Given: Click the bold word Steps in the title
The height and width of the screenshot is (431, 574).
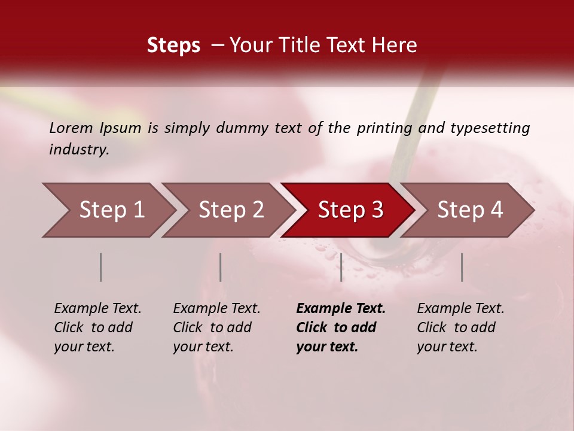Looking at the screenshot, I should tap(173, 45).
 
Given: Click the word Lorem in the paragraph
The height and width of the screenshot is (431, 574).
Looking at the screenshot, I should tap(71, 128).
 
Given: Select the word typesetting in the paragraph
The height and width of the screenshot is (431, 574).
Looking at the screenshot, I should tap(490, 128).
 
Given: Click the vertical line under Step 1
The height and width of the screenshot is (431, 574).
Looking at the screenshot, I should tap(101, 267).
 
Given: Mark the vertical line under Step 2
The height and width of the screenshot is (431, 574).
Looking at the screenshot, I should tap(221, 267).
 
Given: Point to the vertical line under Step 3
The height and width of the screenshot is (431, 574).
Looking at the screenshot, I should tap(341, 267).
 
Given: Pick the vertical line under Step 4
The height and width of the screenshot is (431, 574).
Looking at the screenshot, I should tap(462, 267).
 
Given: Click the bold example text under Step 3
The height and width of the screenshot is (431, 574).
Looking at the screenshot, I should tap(340, 327).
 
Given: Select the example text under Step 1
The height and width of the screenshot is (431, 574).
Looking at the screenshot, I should tap(97, 327).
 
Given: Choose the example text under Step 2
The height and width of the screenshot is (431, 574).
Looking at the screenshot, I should tap(216, 327).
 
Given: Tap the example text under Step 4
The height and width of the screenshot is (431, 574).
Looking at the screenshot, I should tap(460, 327).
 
